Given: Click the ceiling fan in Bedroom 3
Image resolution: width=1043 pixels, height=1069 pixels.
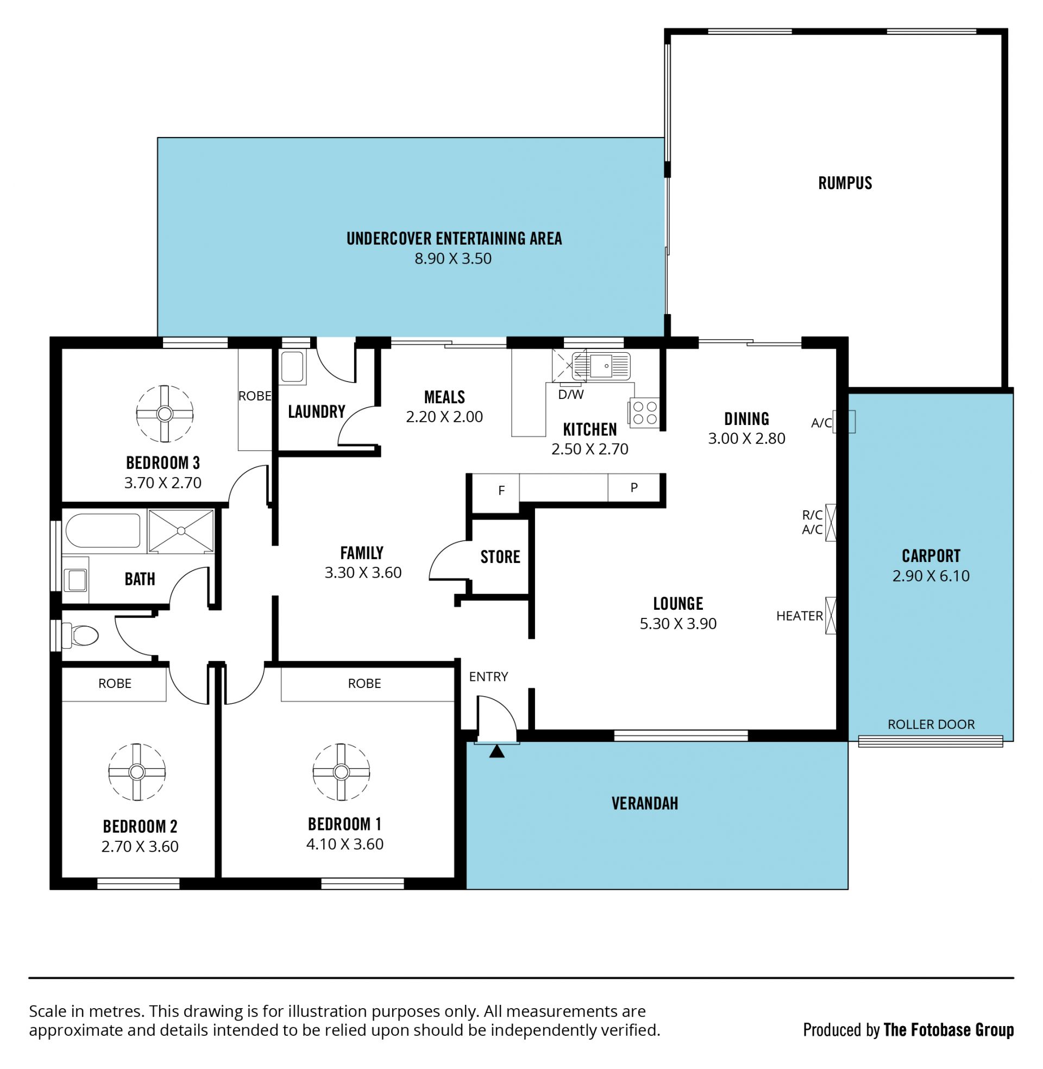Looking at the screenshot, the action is [x=165, y=414].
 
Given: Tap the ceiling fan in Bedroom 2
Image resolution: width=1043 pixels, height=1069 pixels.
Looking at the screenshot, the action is [x=136, y=772].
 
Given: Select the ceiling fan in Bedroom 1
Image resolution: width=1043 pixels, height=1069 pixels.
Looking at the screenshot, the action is [x=341, y=772].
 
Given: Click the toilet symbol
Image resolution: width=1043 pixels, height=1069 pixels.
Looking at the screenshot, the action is [x=80, y=636].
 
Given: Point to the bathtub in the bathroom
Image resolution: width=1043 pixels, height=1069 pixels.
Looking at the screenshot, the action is [x=103, y=530].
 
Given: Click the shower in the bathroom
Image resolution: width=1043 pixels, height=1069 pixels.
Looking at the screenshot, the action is [x=181, y=531].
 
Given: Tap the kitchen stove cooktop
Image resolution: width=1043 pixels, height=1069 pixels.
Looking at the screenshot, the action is [x=644, y=412].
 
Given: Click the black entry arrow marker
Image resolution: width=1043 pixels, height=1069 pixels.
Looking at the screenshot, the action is [x=497, y=751].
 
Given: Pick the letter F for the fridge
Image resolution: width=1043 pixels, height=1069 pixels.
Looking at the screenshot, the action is [x=501, y=491].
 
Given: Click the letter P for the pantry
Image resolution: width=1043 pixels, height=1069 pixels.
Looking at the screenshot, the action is [x=634, y=487].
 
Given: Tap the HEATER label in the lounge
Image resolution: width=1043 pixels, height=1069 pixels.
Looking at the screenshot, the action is [x=799, y=616].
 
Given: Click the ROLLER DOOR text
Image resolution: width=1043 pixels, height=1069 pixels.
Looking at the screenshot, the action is [x=931, y=724].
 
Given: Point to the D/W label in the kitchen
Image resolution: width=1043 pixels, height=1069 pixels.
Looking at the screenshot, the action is [x=571, y=394].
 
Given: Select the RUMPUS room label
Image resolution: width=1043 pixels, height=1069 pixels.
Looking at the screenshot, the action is [x=845, y=183].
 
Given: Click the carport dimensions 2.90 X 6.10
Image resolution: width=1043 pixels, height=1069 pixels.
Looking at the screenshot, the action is [x=931, y=576].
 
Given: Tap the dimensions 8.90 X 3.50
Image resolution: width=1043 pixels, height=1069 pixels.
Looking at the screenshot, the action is [x=453, y=259].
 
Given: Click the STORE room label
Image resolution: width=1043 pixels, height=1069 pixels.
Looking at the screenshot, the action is [x=500, y=557].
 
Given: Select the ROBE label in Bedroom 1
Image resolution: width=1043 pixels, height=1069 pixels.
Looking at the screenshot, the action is [x=365, y=683].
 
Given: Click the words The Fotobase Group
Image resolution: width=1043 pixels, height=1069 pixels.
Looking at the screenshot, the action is [x=949, y=1030].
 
